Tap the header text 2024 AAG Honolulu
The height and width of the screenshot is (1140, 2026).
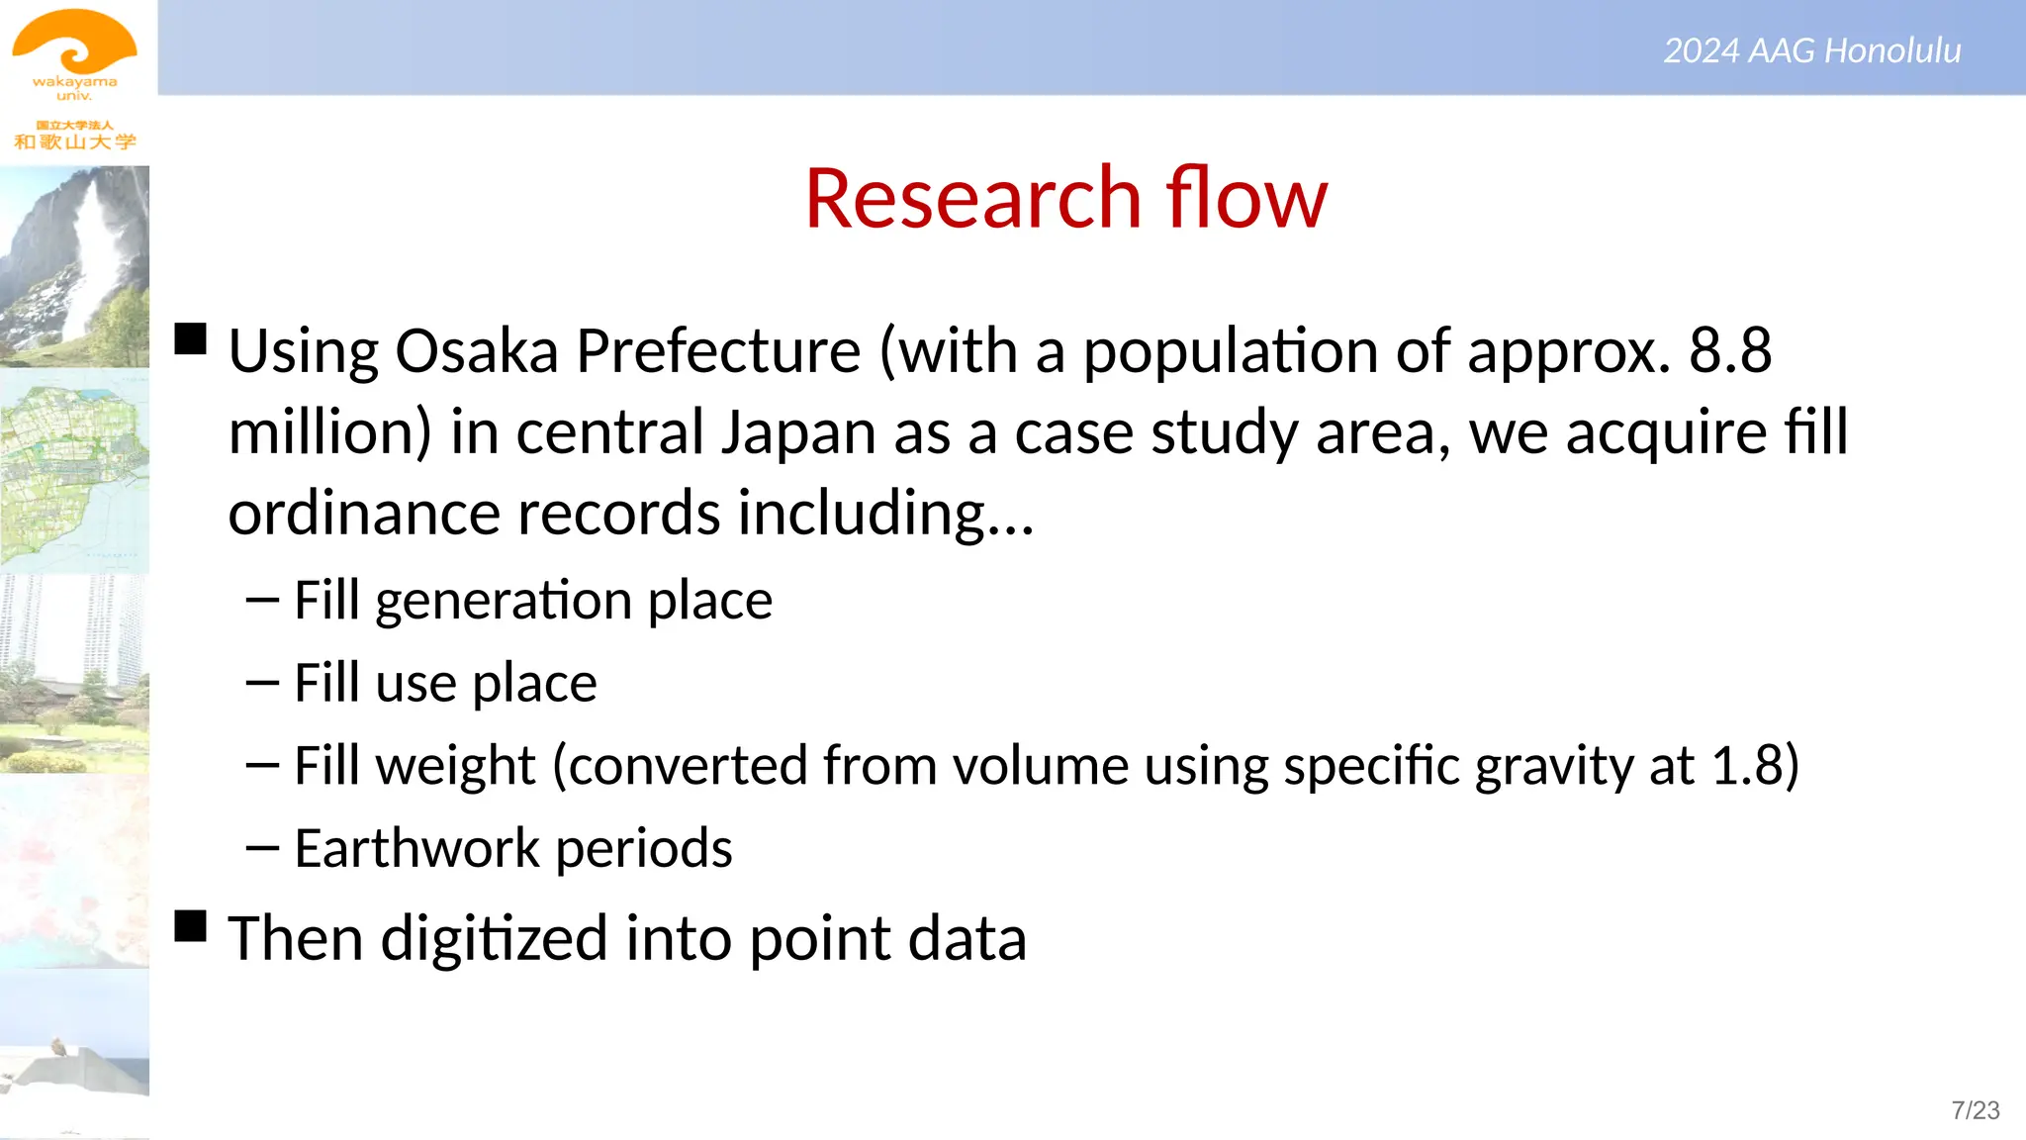pyautogui.click(x=1811, y=50)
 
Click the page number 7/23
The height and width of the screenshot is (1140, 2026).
pyautogui.click(x=1975, y=1110)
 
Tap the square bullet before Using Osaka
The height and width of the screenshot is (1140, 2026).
pyautogui.click(x=191, y=338)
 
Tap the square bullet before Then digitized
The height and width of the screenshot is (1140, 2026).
pyautogui.click(x=191, y=926)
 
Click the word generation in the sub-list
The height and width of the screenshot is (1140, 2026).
pyautogui.click(x=503, y=602)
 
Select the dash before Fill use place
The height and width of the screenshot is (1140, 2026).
pyautogui.click(x=262, y=683)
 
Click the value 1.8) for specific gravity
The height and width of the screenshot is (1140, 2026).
pyautogui.click(x=1755, y=766)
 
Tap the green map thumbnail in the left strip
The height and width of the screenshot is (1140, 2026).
pyautogui.click(x=74, y=470)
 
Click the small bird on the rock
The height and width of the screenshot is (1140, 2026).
pyautogui.click(x=58, y=1045)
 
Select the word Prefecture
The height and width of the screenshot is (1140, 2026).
pyautogui.click(x=718, y=351)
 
